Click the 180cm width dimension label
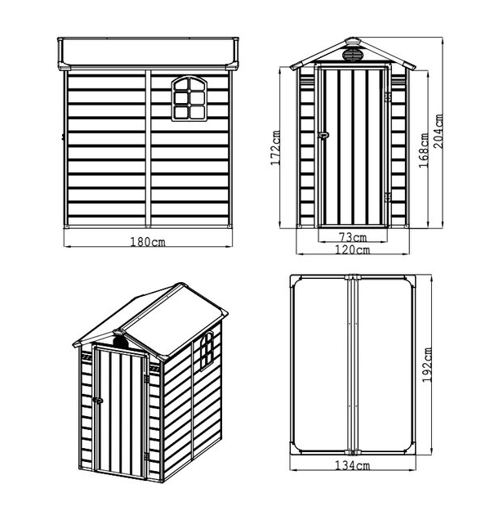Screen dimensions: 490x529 pos(148,241)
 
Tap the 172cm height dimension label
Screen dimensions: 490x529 pos(275,148)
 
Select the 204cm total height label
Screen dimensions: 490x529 pos(438,132)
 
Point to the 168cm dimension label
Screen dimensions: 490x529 pos(423,150)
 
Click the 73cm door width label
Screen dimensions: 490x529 pos(352,237)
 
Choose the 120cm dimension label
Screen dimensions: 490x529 pos(352,249)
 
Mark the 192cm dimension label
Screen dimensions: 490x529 pos(427,365)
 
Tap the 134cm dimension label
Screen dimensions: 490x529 pos(352,465)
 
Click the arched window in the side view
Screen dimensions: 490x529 pos(189,98)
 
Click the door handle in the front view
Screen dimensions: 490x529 pos(323,135)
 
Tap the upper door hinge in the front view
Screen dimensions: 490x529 pos(388,97)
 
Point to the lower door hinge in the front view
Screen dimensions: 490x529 pos(388,197)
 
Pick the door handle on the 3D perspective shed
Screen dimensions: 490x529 pos(98,400)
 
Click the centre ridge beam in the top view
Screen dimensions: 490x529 pos(353,365)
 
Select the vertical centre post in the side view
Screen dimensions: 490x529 pos(148,148)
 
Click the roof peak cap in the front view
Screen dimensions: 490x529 pos(353,42)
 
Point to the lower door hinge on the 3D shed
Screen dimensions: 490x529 pos(146,456)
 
